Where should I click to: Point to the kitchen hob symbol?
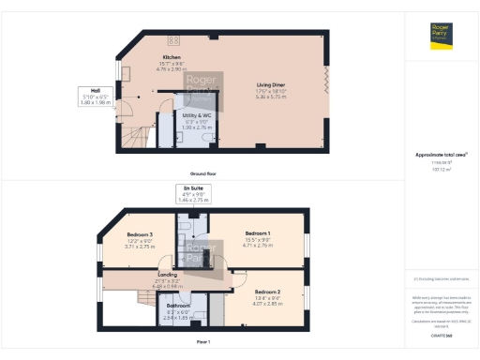coord(173,40)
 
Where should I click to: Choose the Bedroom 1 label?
coord(257,236)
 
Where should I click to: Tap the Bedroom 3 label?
coord(140,237)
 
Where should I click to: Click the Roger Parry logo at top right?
coord(442,36)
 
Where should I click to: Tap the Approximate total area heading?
coord(441,155)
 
